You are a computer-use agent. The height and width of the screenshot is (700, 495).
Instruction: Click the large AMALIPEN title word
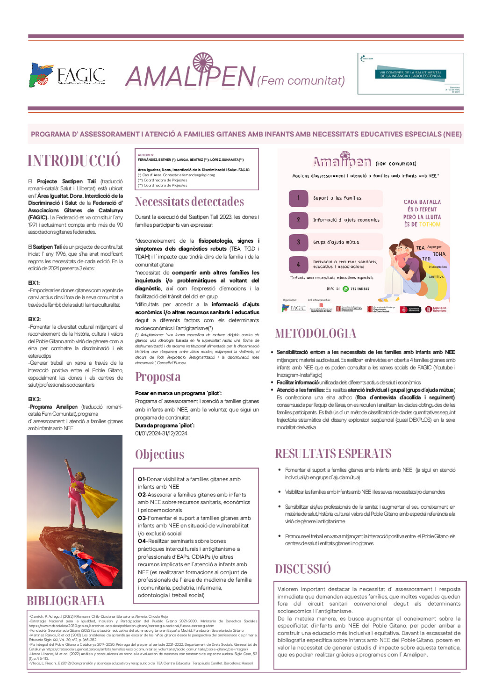[x=190, y=76]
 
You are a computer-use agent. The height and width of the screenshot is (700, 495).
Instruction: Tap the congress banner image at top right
[x=410, y=74]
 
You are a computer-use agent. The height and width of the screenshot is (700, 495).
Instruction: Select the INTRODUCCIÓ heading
[x=74, y=161]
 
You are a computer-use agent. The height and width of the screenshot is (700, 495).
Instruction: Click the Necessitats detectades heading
[x=189, y=202]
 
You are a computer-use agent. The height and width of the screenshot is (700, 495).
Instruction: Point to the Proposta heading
[x=158, y=377]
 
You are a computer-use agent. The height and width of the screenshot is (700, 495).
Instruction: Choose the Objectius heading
[x=159, y=455]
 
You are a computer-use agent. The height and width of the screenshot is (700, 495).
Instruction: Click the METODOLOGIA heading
[x=316, y=333]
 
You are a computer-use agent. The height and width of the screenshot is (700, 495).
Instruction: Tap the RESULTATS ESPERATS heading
[x=333, y=454]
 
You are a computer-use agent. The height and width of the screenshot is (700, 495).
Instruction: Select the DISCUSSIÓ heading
[x=302, y=569]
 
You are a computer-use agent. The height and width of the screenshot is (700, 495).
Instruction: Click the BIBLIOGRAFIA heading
[x=65, y=601]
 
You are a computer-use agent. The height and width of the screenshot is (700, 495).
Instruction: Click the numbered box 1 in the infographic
[x=298, y=198]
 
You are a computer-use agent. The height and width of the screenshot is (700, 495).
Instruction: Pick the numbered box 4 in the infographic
[x=298, y=265]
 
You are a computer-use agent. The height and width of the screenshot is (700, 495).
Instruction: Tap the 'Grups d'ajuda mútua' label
[x=336, y=242]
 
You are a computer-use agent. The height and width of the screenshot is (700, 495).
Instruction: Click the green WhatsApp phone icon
[x=345, y=289]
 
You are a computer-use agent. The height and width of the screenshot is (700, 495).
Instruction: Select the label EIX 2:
[x=34, y=319]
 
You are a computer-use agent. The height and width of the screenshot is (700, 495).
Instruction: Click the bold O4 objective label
[x=142, y=541]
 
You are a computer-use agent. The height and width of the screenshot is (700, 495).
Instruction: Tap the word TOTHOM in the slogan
[x=430, y=224]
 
